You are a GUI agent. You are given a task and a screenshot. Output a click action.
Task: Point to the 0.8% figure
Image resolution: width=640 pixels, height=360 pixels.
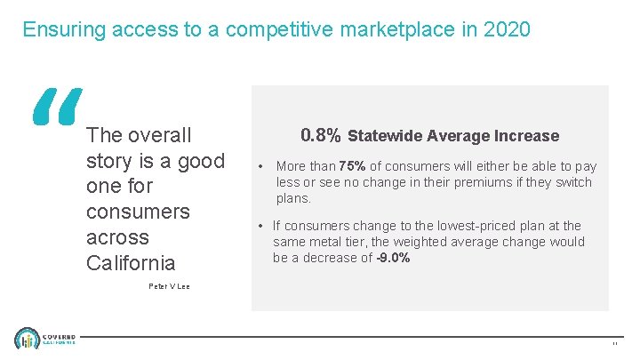click(320, 135)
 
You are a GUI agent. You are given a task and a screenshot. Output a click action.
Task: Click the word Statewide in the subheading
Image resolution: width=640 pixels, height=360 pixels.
click(385, 136)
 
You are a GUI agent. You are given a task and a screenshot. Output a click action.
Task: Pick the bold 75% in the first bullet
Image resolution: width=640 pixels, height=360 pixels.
click(352, 166)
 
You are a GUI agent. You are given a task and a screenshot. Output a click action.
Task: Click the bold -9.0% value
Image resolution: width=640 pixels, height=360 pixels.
click(392, 258)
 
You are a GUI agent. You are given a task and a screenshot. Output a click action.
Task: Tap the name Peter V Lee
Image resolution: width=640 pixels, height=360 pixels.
click(168, 286)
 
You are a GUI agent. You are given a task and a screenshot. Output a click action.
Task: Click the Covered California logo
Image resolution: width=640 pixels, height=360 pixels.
click(45, 340)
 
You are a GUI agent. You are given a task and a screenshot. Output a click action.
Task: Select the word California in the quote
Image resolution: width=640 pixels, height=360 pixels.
click(131, 263)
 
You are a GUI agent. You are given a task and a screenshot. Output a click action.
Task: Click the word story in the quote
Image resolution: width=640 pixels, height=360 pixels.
click(108, 161)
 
